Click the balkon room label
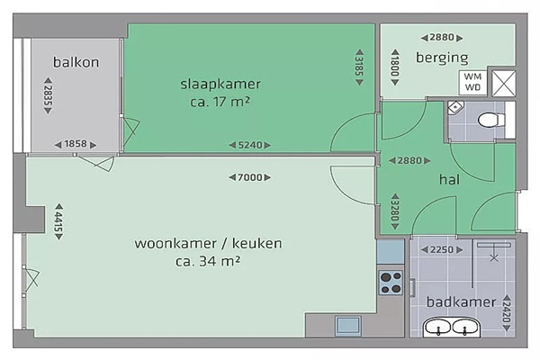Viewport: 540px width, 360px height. coord(76,62)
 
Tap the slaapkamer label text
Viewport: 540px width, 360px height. coord(220,85)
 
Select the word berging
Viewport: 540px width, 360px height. coord(442,58)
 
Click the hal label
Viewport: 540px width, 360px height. coord(449,179)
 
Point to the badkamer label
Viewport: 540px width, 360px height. coord(461,301)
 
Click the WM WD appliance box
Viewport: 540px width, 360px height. coord(472,82)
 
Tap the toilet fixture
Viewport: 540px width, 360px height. coord(491,121)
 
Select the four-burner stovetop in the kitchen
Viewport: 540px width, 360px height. coord(391,283)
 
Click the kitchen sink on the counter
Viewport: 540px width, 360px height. coord(348,326)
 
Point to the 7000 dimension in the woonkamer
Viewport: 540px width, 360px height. coord(250,177)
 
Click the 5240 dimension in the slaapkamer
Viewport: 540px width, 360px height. coord(250,145)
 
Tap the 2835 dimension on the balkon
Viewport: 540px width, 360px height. coord(49,95)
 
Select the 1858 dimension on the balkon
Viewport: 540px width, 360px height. coord(76,144)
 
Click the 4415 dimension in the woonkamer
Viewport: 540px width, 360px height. coord(59,221)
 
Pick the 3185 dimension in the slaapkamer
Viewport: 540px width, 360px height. coord(359,67)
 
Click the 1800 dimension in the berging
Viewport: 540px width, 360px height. coord(395,67)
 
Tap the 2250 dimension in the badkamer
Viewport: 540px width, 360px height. coord(442,250)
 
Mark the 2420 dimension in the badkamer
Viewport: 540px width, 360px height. coord(506,313)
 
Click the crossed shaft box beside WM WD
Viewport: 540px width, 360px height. coord(503,84)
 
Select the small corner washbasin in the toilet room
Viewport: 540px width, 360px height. coord(455,107)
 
